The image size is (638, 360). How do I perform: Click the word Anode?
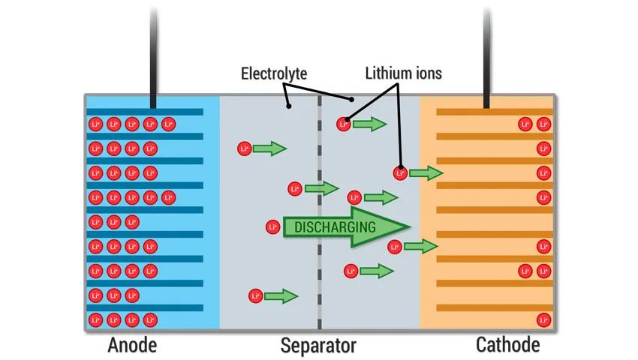click(132, 345)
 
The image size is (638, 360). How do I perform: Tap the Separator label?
click(318, 346)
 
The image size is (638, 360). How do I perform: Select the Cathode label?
click(508, 345)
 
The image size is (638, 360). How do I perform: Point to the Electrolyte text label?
click(274, 73)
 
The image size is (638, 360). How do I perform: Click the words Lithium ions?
click(403, 73)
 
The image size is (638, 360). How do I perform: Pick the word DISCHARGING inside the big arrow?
click(335, 227)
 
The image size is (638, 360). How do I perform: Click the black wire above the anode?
click(153, 57)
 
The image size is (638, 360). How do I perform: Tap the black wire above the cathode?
click(486, 57)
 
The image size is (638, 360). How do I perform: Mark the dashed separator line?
click(320, 211)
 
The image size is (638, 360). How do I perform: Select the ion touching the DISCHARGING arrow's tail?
click(272, 227)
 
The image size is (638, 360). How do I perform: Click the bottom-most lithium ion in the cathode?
click(543, 319)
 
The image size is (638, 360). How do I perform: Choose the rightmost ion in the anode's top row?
click(168, 124)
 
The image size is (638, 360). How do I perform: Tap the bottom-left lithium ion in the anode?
click(95, 319)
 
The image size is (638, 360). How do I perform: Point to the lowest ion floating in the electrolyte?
click(255, 295)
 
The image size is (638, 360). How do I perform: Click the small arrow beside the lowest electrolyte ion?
click(281, 295)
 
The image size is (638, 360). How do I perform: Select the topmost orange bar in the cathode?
click(495, 112)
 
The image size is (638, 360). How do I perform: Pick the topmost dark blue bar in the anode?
click(145, 112)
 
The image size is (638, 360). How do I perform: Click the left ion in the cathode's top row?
click(525, 124)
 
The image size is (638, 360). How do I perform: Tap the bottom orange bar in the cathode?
click(495, 308)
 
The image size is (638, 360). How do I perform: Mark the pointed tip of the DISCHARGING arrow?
click(410, 226)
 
